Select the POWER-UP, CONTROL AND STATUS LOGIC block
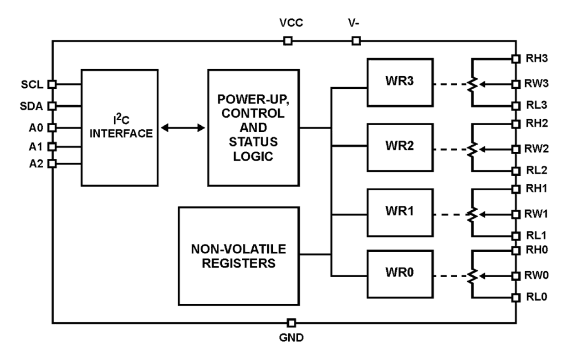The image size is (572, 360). click(253, 127)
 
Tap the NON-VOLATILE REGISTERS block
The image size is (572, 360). click(239, 256)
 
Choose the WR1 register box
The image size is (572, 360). click(399, 214)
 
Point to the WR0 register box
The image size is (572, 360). click(399, 275)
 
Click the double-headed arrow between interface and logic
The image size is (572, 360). click(184, 128)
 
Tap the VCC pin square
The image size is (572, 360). click(287, 41)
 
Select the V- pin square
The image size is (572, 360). click(356, 41)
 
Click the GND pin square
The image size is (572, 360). click(291, 323)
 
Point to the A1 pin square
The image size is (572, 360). click(52, 147)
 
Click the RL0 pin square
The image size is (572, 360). click(516, 298)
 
